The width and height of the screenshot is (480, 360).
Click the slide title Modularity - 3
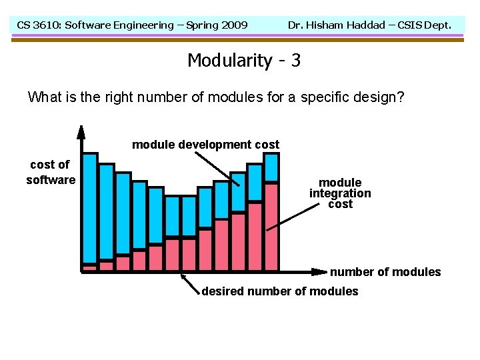pyautogui.click(x=243, y=61)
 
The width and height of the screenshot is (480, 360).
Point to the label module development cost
pyautogui.click(x=205, y=145)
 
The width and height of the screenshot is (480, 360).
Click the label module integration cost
pyautogui.click(x=340, y=193)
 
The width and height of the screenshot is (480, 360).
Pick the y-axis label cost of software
pyautogui.click(x=50, y=172)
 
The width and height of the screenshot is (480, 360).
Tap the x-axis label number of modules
pyautogui.click(x=385, y=271)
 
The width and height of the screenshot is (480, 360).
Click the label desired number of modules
pyautogui.click(x=279, y=291)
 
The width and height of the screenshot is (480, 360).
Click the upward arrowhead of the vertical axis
pyautogui.click(x=81, y=131)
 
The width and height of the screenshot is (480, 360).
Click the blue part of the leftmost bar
pyautogui.click(x=89, y=207)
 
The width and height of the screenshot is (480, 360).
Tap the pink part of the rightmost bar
pyautogui.click(x=271, y=227)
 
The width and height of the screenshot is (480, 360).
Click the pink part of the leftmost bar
pyautogui.click(x=89, y=267)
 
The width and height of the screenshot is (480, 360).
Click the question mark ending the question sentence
pyautogui.click(x=400, y=97)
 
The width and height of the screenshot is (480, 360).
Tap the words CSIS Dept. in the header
pyautogui.click(x=424, y=25)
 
